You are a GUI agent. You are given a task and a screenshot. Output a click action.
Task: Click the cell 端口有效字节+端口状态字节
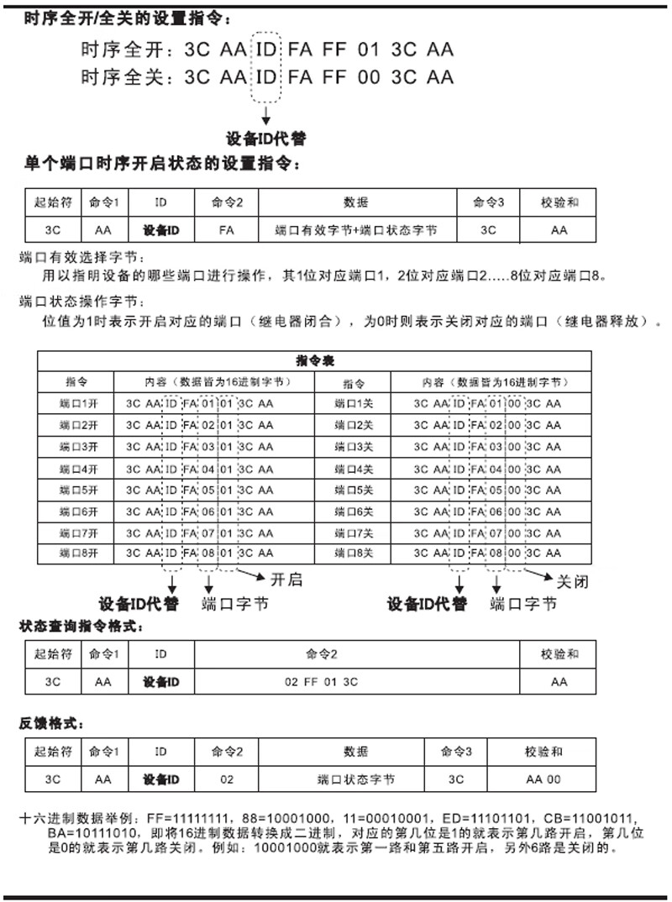click(x=355, y=229)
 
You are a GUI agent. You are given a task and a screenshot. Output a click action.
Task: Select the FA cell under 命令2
click(x=226, y=229)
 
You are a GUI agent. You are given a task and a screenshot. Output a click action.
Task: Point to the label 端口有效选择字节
click(x=81, y=257)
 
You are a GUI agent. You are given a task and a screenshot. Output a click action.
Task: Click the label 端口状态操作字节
click(x=81, y=300)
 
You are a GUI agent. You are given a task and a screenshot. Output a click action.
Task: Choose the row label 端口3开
click(x=76, y=445)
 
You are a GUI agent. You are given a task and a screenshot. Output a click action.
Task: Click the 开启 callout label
click(x=285, y=579)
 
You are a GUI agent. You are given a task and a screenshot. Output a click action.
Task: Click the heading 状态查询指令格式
click(x=99, y=627)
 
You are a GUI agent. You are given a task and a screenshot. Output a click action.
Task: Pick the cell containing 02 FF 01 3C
click(x=322, y=682)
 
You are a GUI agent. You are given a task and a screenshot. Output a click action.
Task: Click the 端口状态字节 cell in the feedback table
click(x=356, y=779)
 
